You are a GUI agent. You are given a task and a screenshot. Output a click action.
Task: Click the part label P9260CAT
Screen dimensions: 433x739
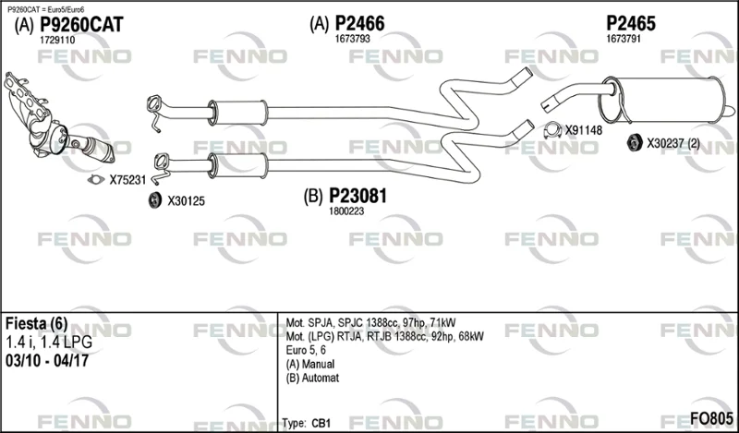coord(80,25)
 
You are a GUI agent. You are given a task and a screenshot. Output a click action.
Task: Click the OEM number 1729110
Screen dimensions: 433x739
coord(57,41)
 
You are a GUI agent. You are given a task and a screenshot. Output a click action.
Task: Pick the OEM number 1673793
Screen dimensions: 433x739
coord(353,39)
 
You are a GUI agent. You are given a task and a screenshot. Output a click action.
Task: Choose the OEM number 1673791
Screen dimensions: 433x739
coord(624,39)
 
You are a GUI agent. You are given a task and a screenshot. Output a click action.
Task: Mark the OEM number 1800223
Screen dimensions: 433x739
coord(347,211)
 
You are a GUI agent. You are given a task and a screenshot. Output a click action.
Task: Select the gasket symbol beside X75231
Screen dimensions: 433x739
coord(95,180)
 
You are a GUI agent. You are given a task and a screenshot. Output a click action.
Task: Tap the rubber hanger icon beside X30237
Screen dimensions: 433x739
coord(634,143)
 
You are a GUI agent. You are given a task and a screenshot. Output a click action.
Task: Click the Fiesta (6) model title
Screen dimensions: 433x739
coord(36,323)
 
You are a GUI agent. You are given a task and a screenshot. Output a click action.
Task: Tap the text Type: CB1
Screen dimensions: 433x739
coord(309,421)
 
